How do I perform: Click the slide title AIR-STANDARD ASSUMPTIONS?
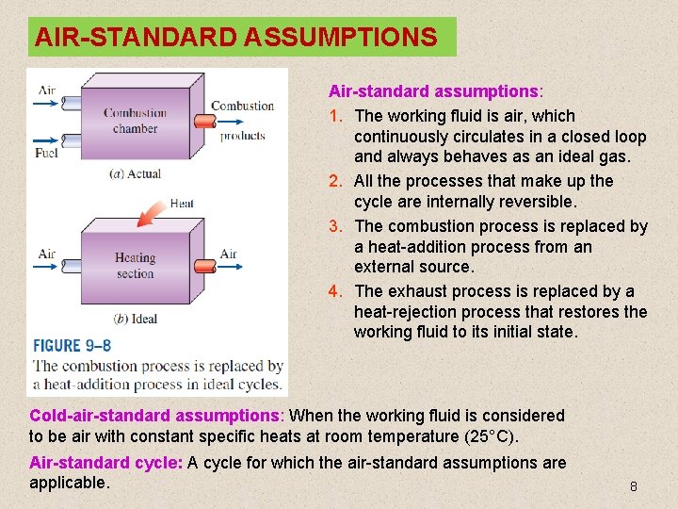[x=235, y=38]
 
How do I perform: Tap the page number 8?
[x=634, y=486]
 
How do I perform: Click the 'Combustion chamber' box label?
[x=135, y=121]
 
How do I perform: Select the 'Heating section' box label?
[x=135, y=266]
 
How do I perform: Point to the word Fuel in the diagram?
[x=46, y=152]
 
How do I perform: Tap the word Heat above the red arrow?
[x=181, y=203]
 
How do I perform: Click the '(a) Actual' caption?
[x=136, y=173]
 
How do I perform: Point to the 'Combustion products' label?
[x=242, y=120]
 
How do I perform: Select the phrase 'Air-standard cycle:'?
[x=106, y=463]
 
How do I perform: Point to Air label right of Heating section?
[x=228, y=254]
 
